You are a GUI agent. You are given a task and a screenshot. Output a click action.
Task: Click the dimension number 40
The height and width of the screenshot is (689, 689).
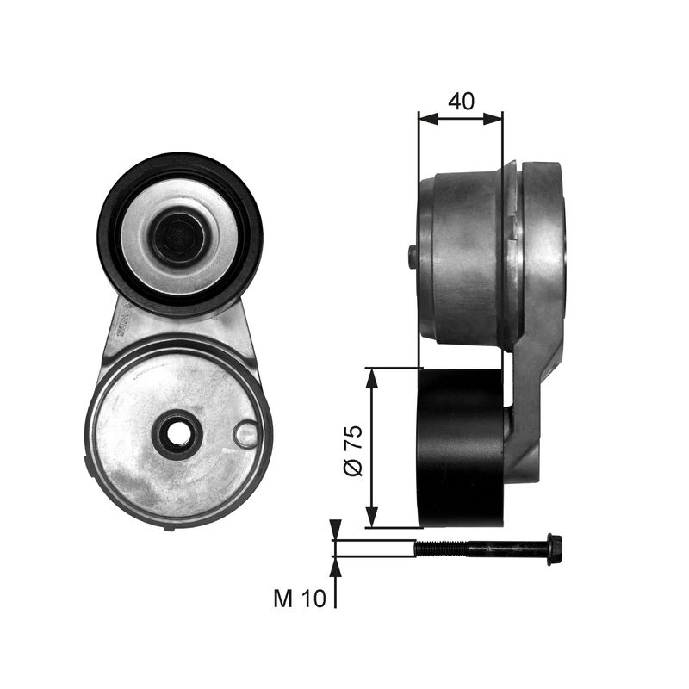coord(461,101)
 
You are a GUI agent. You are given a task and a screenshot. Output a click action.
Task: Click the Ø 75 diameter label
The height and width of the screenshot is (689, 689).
coord(354,450)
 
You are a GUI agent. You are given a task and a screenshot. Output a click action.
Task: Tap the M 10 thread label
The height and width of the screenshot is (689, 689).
coord(300,598)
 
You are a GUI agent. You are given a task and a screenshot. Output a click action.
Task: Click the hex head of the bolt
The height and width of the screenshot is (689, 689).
coord(556,549)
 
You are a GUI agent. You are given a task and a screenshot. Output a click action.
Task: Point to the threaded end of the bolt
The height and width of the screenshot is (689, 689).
coord(439,549)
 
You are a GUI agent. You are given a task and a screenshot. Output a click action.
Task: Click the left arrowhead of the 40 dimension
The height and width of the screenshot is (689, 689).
coord(429,118)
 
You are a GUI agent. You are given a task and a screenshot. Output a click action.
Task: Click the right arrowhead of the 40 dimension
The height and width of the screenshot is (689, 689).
coord(492,118)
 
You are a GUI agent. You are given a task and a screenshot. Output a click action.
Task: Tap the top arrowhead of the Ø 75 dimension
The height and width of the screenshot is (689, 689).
coord(372,378)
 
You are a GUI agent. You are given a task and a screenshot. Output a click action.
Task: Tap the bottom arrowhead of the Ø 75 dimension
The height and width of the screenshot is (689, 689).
coord(372,517)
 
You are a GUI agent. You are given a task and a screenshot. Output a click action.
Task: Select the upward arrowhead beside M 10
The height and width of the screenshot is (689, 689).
coord(335,567)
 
